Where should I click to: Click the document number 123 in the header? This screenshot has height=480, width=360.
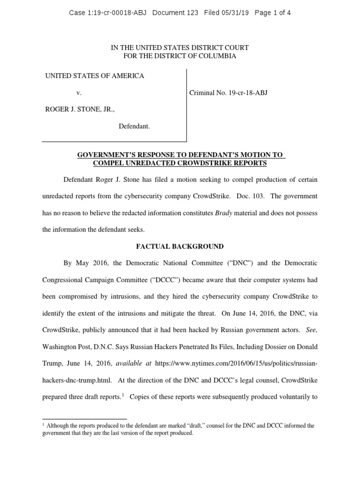tap(194, 13)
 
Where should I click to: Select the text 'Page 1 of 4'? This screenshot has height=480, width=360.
tap(273, 13)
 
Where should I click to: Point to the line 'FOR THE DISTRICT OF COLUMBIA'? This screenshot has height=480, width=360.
tap(180, 56)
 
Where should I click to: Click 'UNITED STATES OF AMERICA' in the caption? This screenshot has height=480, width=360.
tap(94, 76)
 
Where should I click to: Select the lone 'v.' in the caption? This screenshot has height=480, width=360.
tap(79, 93)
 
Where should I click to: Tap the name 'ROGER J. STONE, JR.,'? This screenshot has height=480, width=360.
tap(80, 110)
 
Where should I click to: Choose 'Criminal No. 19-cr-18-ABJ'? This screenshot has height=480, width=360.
tap(228, 93)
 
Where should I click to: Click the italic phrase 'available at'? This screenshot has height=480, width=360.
tap(132, 364)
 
